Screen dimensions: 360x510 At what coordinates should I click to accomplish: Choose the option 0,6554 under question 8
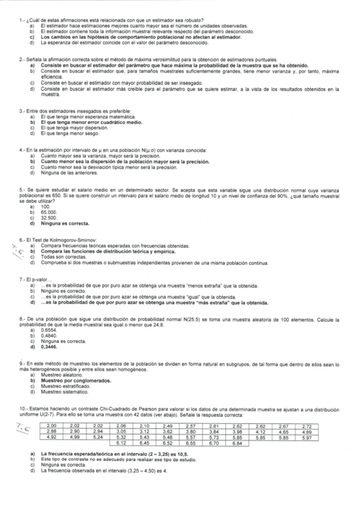click(49, 331)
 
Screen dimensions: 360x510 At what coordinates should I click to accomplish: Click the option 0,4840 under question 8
click(49, 336)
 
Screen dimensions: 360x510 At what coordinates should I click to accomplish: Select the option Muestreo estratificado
click(64, 387)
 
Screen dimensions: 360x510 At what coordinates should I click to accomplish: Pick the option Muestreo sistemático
click(63, 392)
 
